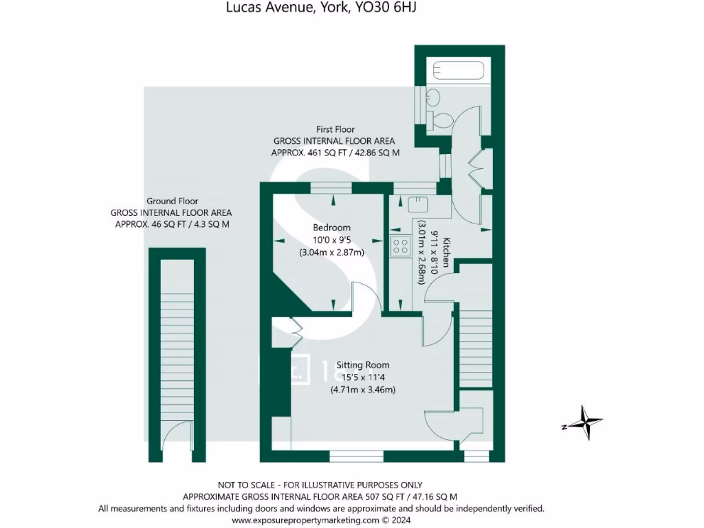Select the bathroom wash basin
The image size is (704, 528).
point(432,98)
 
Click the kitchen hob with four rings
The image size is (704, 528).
point(399,247)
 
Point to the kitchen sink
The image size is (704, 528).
point(417,204)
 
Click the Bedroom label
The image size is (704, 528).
point(331,228)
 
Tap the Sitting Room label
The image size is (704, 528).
point(362,365)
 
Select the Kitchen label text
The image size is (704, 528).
point(445,252)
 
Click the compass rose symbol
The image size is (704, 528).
point(583,422)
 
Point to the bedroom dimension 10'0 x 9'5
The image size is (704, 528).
point(331,240)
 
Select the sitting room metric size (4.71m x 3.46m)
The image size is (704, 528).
point(363,390)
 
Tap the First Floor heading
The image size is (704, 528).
point(335,129)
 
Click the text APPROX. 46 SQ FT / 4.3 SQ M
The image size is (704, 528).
point(172,224)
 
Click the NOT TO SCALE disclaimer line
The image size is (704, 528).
point(320,485)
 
